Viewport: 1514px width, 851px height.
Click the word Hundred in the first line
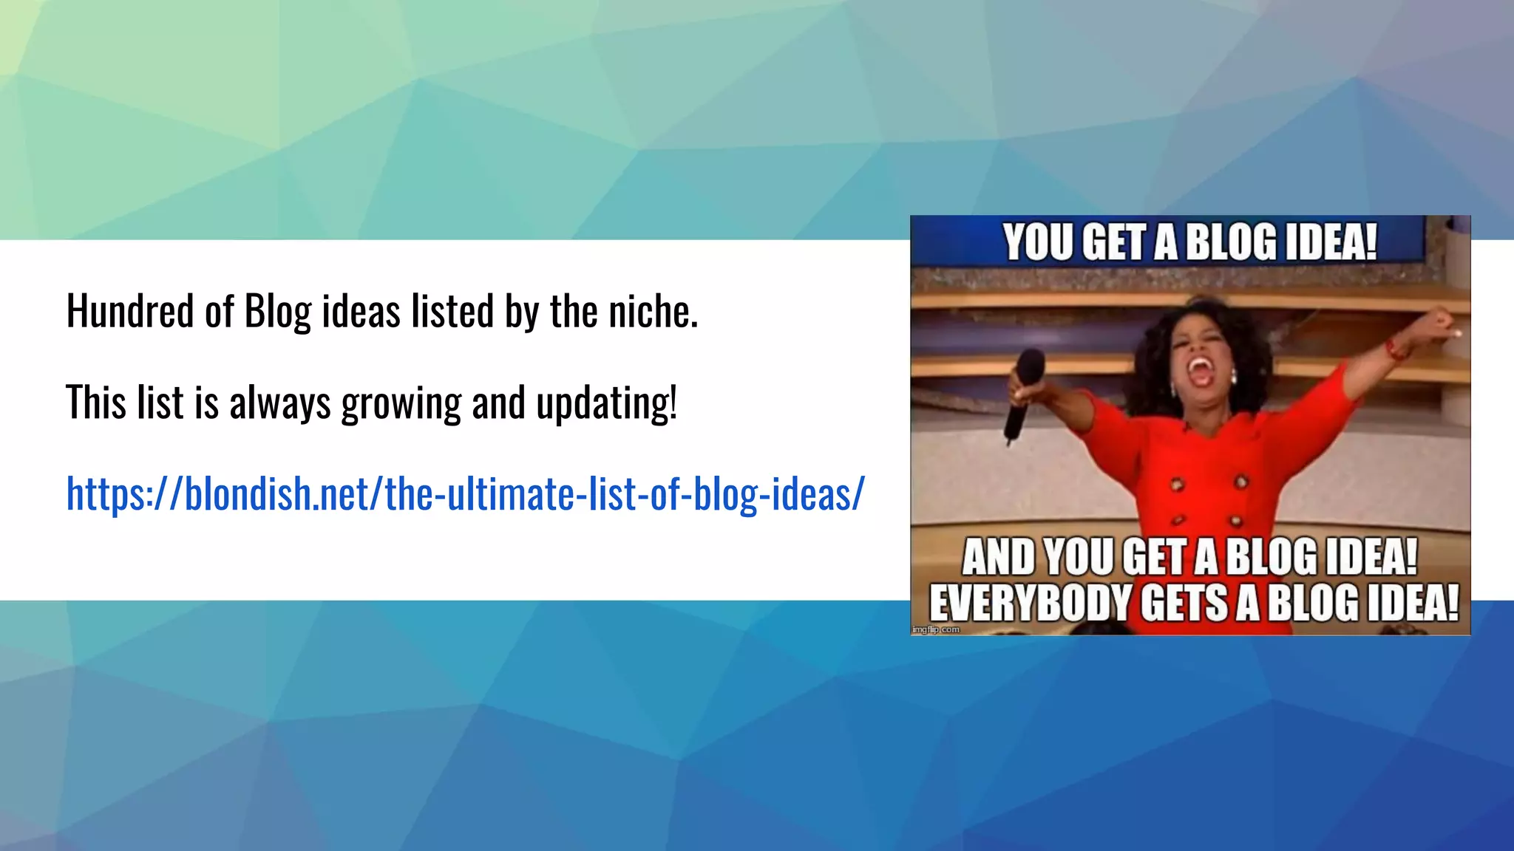click(x=130, y=311)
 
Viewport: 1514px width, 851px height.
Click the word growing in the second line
click(x=401, y=404)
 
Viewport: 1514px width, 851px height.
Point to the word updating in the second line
click(x=606, y=404)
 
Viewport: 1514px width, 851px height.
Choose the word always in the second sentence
click(x=279, y=404)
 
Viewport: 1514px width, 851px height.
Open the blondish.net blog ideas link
click(x=465, y=493)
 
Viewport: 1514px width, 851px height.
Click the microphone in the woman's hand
click(x=1024, y=392)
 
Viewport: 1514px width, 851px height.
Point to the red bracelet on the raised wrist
click(x=1395, y=349)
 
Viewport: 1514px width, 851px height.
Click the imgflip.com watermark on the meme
click(x=936, y=629)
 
